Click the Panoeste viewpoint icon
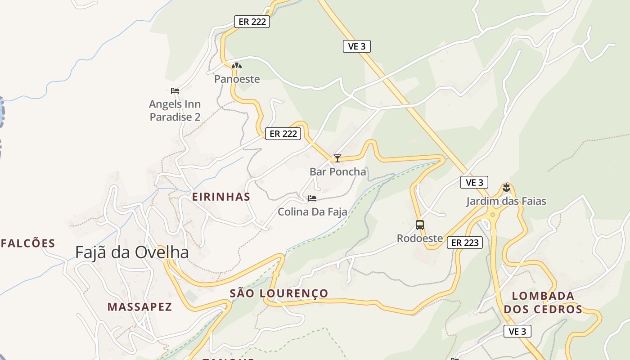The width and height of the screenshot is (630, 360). click(x=237, y=66)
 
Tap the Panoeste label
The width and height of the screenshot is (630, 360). click(x=237, y=79)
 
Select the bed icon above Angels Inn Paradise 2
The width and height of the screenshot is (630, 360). click(x=175, y=91)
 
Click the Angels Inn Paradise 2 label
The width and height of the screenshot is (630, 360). click(x=175, y=111)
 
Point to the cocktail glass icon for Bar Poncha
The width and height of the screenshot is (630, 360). click(x=337, y=158)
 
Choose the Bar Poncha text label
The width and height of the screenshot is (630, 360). click(x=337, y=172)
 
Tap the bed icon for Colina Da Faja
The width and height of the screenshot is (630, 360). click(x=312, y=198)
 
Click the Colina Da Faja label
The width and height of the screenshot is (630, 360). click(x=312, y=211)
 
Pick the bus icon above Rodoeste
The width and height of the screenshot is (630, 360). click(x=419, y=225)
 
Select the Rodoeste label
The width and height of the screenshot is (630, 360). click(x=419, y=238)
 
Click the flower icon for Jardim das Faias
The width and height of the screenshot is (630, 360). click(x=506, y=188)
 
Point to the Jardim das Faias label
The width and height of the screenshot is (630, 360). click(x=506, y=201)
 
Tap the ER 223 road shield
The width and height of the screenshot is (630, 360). click(x=465, y=243)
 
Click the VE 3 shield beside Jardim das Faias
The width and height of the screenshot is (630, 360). click(x=474, y=182)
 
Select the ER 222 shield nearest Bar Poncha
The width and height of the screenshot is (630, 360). click(x=283, y=134)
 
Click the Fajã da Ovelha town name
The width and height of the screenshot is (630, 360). click(x=132, y=252)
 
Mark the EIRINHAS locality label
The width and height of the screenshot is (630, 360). click(x=221, y=197)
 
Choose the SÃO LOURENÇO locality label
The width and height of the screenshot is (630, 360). click(x=279, y=293)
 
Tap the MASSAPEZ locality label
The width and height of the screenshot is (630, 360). click(x=139, y=307)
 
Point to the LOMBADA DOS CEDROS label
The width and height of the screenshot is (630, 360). click(x=543, y=302)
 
